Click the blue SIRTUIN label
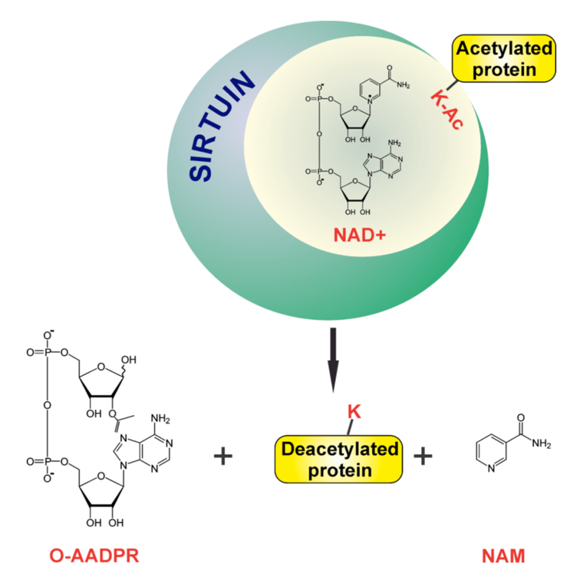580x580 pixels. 222,130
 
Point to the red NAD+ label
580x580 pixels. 357,233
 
